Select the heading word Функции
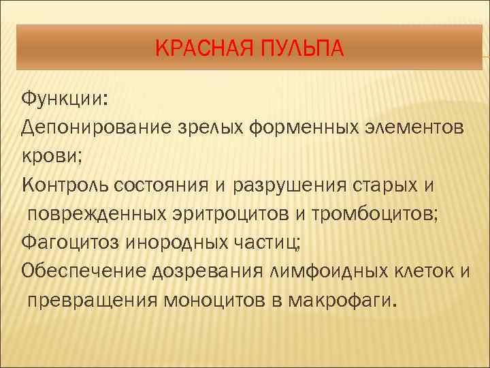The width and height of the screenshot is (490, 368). (63, 99)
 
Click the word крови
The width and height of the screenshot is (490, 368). (50, 155)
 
